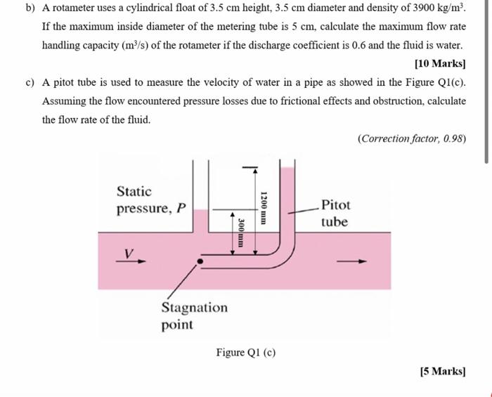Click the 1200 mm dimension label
[x=263, y=207]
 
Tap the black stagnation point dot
[x=200, y=261]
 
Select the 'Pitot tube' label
[x=335, y=214]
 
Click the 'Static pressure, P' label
[x=151, y=200]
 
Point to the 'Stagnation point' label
[x=194, y=316]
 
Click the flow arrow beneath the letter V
[x=131, y=261]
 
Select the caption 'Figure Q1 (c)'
[x=245, y=352]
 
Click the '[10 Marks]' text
[x=440, y=64]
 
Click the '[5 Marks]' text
[x=442, y=371]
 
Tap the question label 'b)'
[x=30, y=9]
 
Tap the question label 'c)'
[x=30, y=82]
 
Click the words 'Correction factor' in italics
[x=397, y=138]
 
